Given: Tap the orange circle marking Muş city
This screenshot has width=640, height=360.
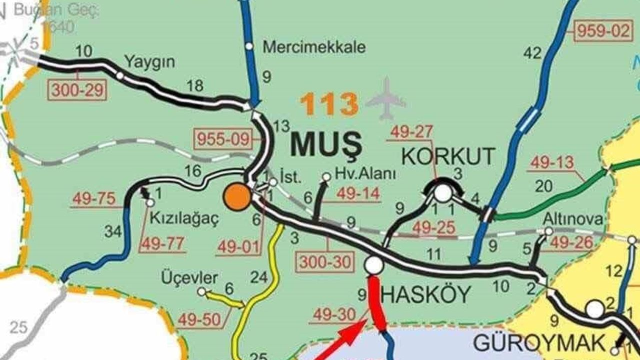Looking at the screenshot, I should click(x=237, y=197).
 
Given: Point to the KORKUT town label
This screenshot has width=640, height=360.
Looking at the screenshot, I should click(x=448, y=156).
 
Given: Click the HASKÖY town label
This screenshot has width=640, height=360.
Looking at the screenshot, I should click(x=425, y=295).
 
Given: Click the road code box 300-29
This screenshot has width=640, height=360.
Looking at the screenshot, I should click(x=77, y=90).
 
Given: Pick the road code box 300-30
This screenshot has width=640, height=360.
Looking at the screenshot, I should click(x=325, y=261).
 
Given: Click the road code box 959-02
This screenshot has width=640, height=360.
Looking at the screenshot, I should click(x=603, y=31).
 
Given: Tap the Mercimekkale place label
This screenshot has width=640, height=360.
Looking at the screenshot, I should click(x=314, y=47).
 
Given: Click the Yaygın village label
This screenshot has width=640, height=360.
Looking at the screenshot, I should click(x=150, y=62).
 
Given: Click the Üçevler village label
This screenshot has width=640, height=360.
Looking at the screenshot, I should click(x=189, y=278).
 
